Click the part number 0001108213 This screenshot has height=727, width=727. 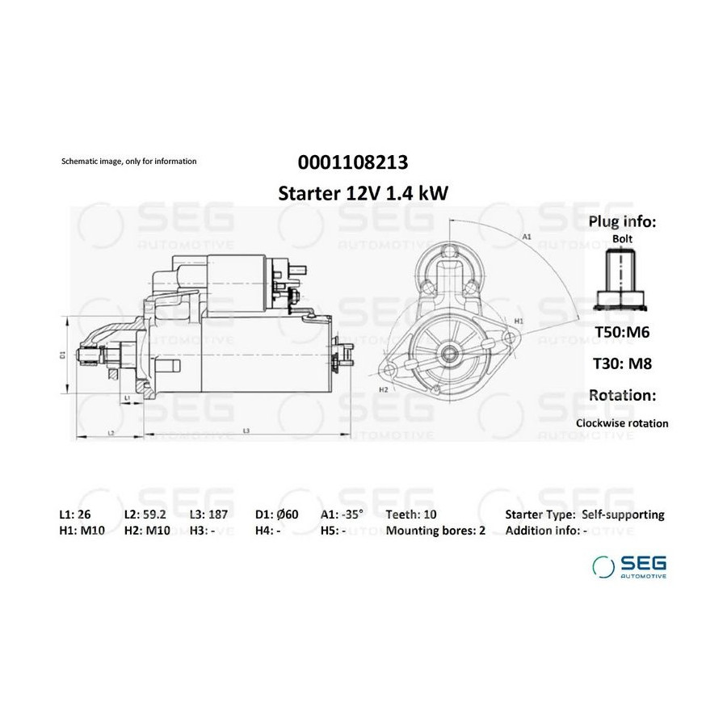point(353,162)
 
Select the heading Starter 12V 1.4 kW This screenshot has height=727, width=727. point(363,193)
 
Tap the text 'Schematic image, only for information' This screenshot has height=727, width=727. point(129,162)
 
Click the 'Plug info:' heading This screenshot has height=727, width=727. point(622,221)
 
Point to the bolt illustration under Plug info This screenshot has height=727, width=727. point(621,279)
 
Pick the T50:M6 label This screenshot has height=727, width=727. point(622,332)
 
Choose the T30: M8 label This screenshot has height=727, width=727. point(622,363)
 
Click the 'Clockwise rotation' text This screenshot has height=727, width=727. point(622,423)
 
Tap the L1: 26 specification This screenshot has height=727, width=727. point(75,515)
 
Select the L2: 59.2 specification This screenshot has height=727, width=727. point(145,515)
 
